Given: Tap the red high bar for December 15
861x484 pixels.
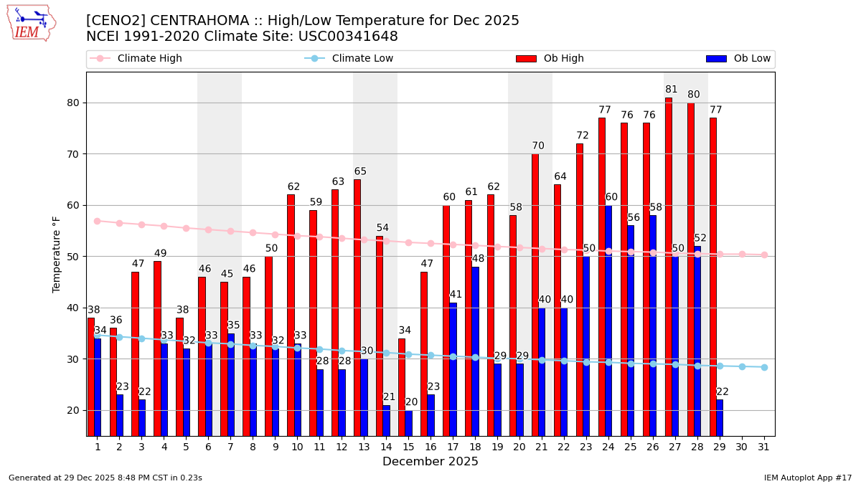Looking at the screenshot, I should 402,387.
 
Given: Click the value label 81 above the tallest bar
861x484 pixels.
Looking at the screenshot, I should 672,90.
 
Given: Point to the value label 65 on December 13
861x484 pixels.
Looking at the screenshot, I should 360,171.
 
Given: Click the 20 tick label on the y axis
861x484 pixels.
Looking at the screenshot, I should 73,410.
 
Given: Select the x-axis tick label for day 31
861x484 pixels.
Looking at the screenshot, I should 764,447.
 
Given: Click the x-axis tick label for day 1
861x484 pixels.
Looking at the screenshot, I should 98,447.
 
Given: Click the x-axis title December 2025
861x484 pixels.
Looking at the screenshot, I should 430,462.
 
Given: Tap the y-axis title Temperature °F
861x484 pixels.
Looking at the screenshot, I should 57,254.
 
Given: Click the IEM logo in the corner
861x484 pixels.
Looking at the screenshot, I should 31,23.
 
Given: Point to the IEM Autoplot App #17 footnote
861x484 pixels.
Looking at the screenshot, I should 807,478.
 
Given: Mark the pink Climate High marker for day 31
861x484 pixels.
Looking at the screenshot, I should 764,255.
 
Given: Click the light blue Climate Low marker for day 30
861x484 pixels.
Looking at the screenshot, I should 742,366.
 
